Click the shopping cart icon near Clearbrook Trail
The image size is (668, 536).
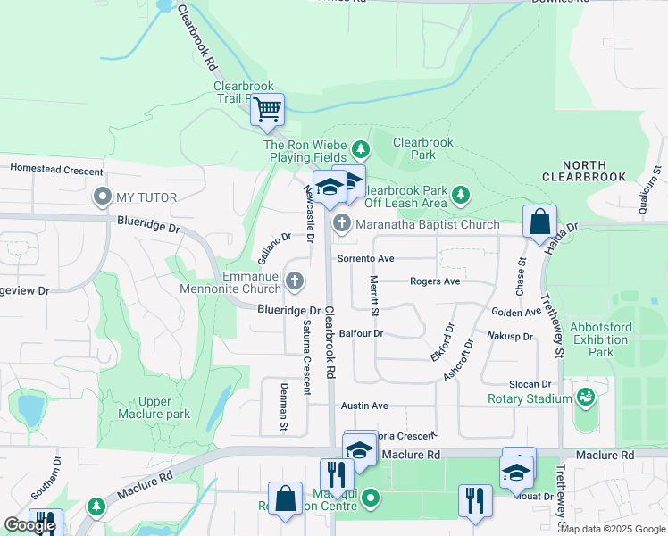267,111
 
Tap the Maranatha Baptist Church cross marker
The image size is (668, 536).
340,224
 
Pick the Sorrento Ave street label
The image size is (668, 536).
365,259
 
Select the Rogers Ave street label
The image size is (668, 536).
435,281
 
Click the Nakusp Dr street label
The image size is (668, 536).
510,337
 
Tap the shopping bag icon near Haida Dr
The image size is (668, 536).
540,222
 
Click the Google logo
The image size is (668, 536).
29,525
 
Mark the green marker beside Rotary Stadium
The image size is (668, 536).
587,396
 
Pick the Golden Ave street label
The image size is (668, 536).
516,312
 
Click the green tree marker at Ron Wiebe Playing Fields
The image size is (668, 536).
360,148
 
